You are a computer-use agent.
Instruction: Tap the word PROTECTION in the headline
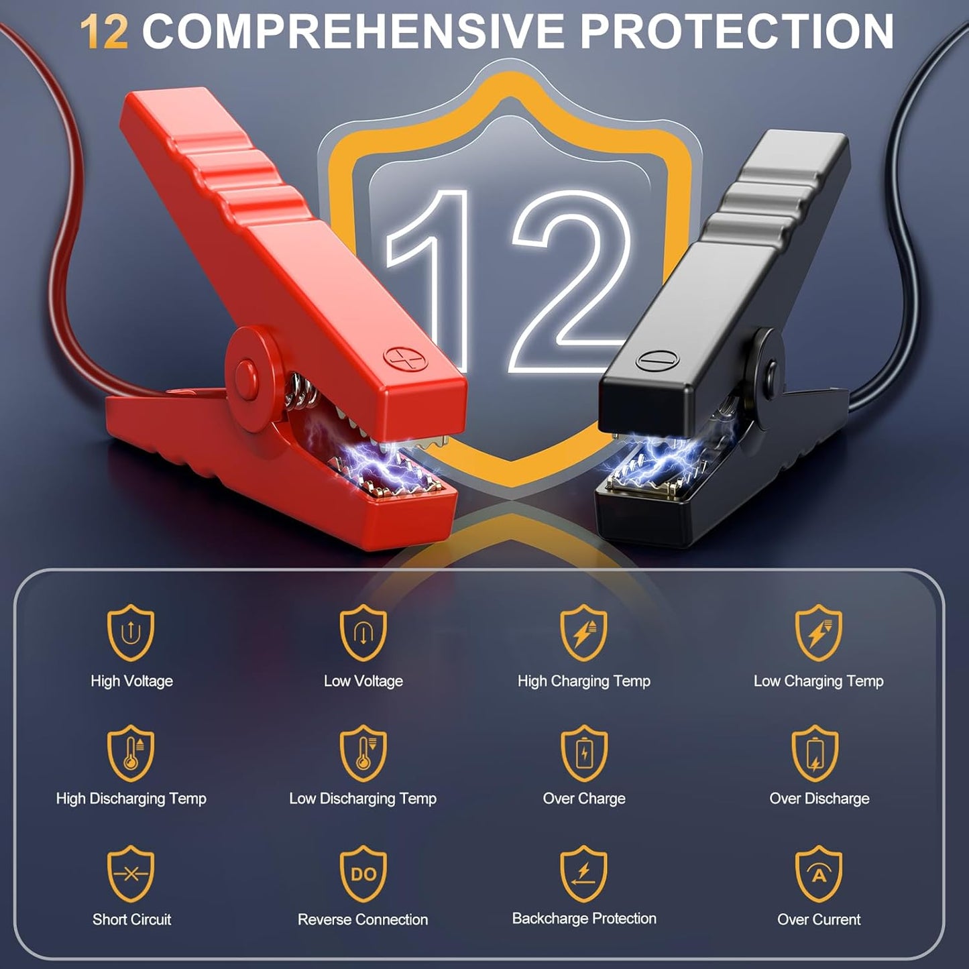click(737, 31)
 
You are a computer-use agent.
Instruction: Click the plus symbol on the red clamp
click(405, 359)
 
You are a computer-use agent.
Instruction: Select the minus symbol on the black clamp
click(657, 360)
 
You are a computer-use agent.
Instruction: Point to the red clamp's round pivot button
click(246, 376)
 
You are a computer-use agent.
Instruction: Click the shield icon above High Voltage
click(131, 632)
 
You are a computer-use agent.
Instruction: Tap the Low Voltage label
click(363, 681)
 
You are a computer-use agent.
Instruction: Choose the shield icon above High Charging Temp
click(584, 632)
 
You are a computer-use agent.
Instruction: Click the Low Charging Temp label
click(818, 681)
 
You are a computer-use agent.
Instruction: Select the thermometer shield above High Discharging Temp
click(131, 753)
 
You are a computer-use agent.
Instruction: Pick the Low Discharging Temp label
click(363, 799)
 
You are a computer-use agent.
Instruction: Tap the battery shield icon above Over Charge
click(584, 753)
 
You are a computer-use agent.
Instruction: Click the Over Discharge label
click(819, 799)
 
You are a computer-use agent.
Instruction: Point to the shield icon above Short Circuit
click(131, 874)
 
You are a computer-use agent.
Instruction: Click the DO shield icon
click(363, 874)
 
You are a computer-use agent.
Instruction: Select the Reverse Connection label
click(363, 919)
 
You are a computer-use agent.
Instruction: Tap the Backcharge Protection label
click(584, 918)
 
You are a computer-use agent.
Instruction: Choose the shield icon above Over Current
click(819, 874)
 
